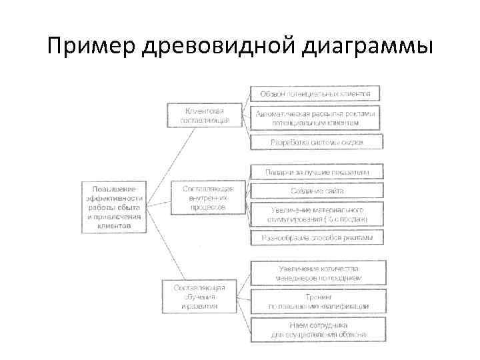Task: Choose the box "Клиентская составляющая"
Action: point(205,115)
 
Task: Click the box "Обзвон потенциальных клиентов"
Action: point(315,93)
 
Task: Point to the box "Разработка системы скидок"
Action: point(317,143)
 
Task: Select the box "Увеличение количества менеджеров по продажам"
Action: point(318,273)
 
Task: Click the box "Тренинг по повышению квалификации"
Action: point(318,301)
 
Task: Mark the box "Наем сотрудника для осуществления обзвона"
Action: point(318,329)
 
